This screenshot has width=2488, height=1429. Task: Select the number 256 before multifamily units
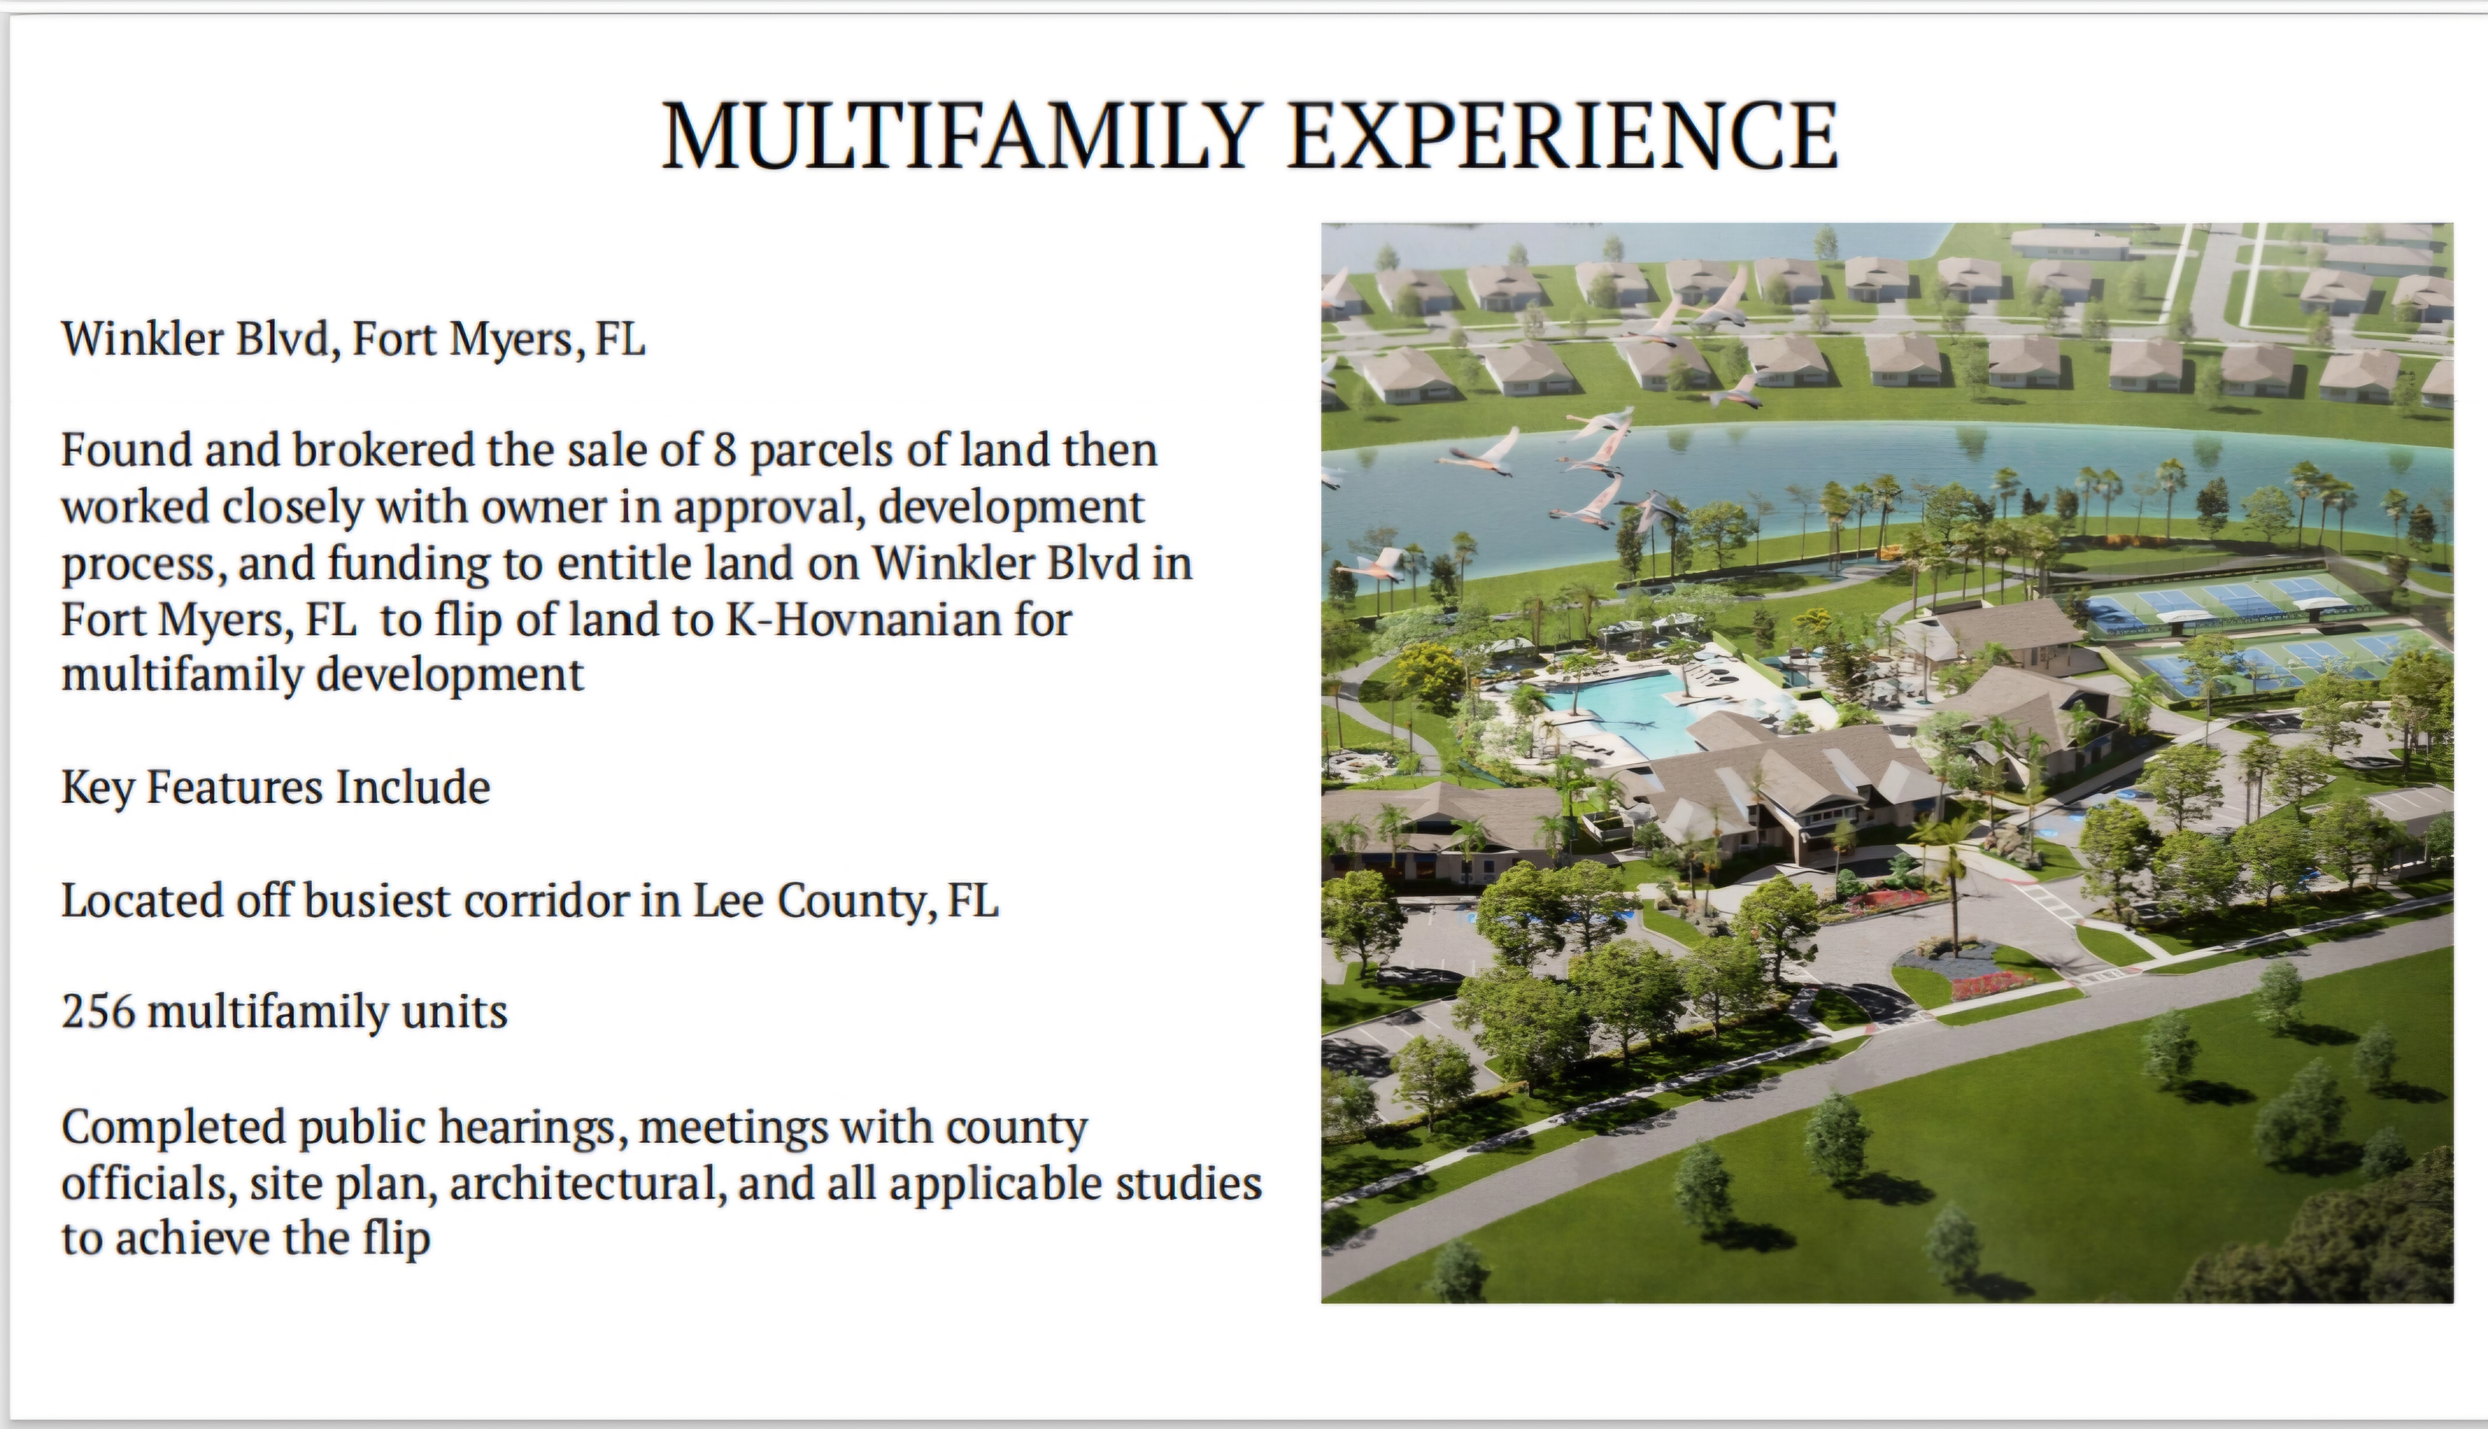[x=98, y=1011]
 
